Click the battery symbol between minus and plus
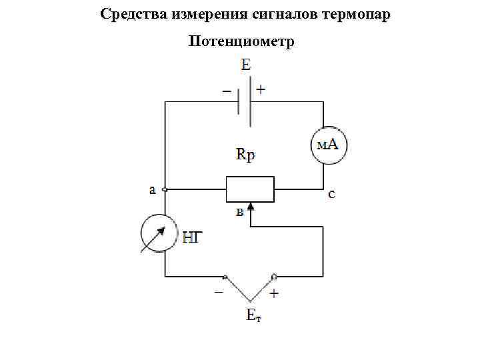[x=245, y=101]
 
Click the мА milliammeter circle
[x=329, y=145]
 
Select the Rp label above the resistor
[x=246, y=155]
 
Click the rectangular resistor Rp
[x=250, y=189]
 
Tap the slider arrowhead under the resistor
[x=251, y=208]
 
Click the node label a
[x=153, y=189]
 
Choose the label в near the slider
[x=239, y=213]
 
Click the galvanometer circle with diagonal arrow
[x=159, y=234]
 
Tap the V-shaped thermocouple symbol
[x=249, y=288]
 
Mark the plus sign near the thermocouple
[x=274, y=293]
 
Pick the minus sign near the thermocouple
[x=219, y=292]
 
